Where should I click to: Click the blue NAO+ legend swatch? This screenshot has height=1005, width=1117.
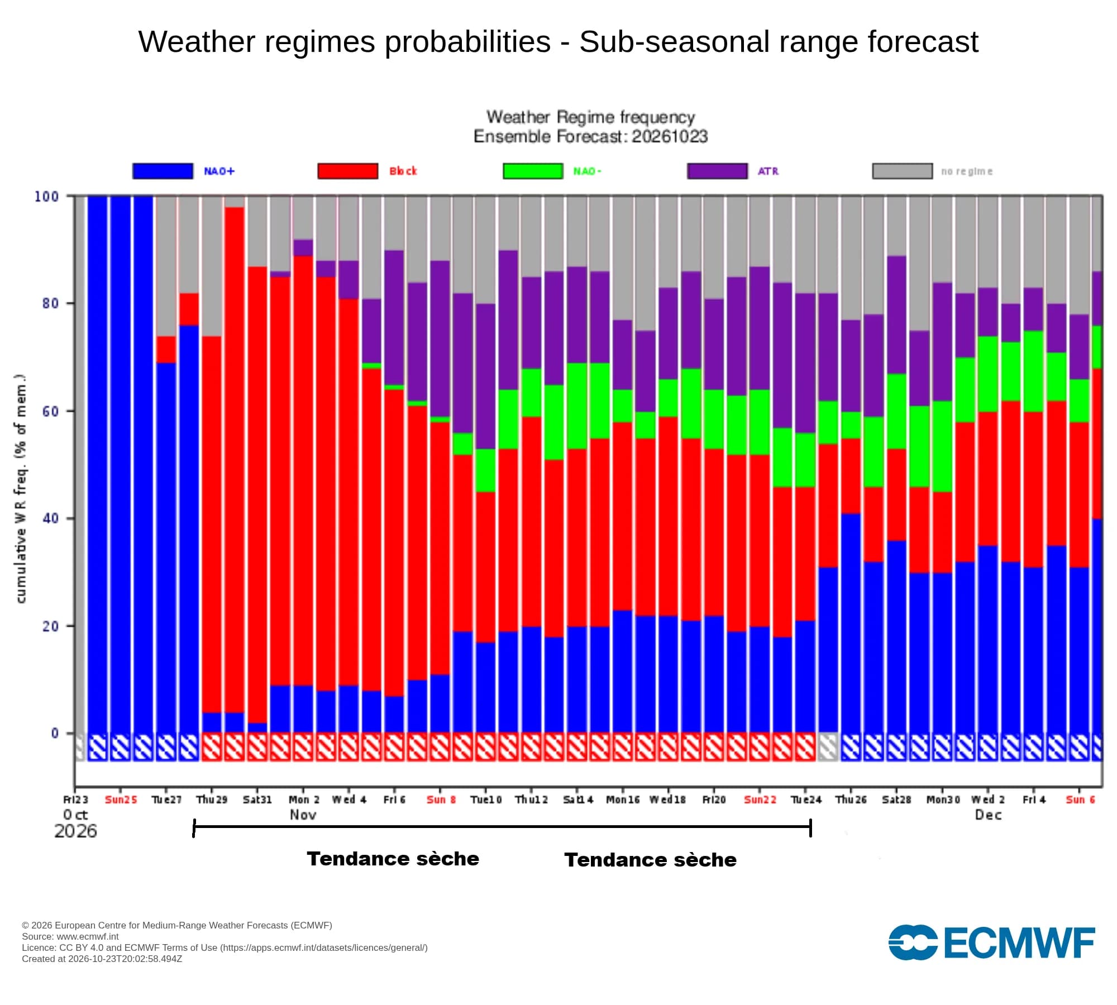point(163,171)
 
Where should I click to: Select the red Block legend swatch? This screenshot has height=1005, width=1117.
point(348,171)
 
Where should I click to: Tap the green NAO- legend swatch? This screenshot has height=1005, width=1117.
point(533,171)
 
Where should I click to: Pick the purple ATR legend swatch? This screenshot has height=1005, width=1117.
point(718,171)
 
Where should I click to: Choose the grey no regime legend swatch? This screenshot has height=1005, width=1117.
point(903,171)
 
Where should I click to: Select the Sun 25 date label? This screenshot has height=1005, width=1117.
point(121,800)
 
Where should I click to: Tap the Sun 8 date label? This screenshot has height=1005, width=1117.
point(441,800)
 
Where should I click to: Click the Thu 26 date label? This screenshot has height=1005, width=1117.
point(851,800)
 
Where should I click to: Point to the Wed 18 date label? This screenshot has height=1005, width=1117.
point(667,800)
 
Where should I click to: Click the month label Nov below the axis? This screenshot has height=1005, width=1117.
point(303,815)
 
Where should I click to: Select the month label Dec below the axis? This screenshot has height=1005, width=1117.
point(988,815)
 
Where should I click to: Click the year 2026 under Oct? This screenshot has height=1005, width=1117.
point(75,831)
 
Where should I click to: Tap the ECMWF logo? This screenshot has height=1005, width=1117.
point(991,942)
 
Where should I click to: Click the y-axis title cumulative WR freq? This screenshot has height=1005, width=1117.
point(21,489)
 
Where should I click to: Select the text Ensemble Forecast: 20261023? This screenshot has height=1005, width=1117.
point(590,136)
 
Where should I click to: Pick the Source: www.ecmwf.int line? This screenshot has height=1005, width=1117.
point(70,936)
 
